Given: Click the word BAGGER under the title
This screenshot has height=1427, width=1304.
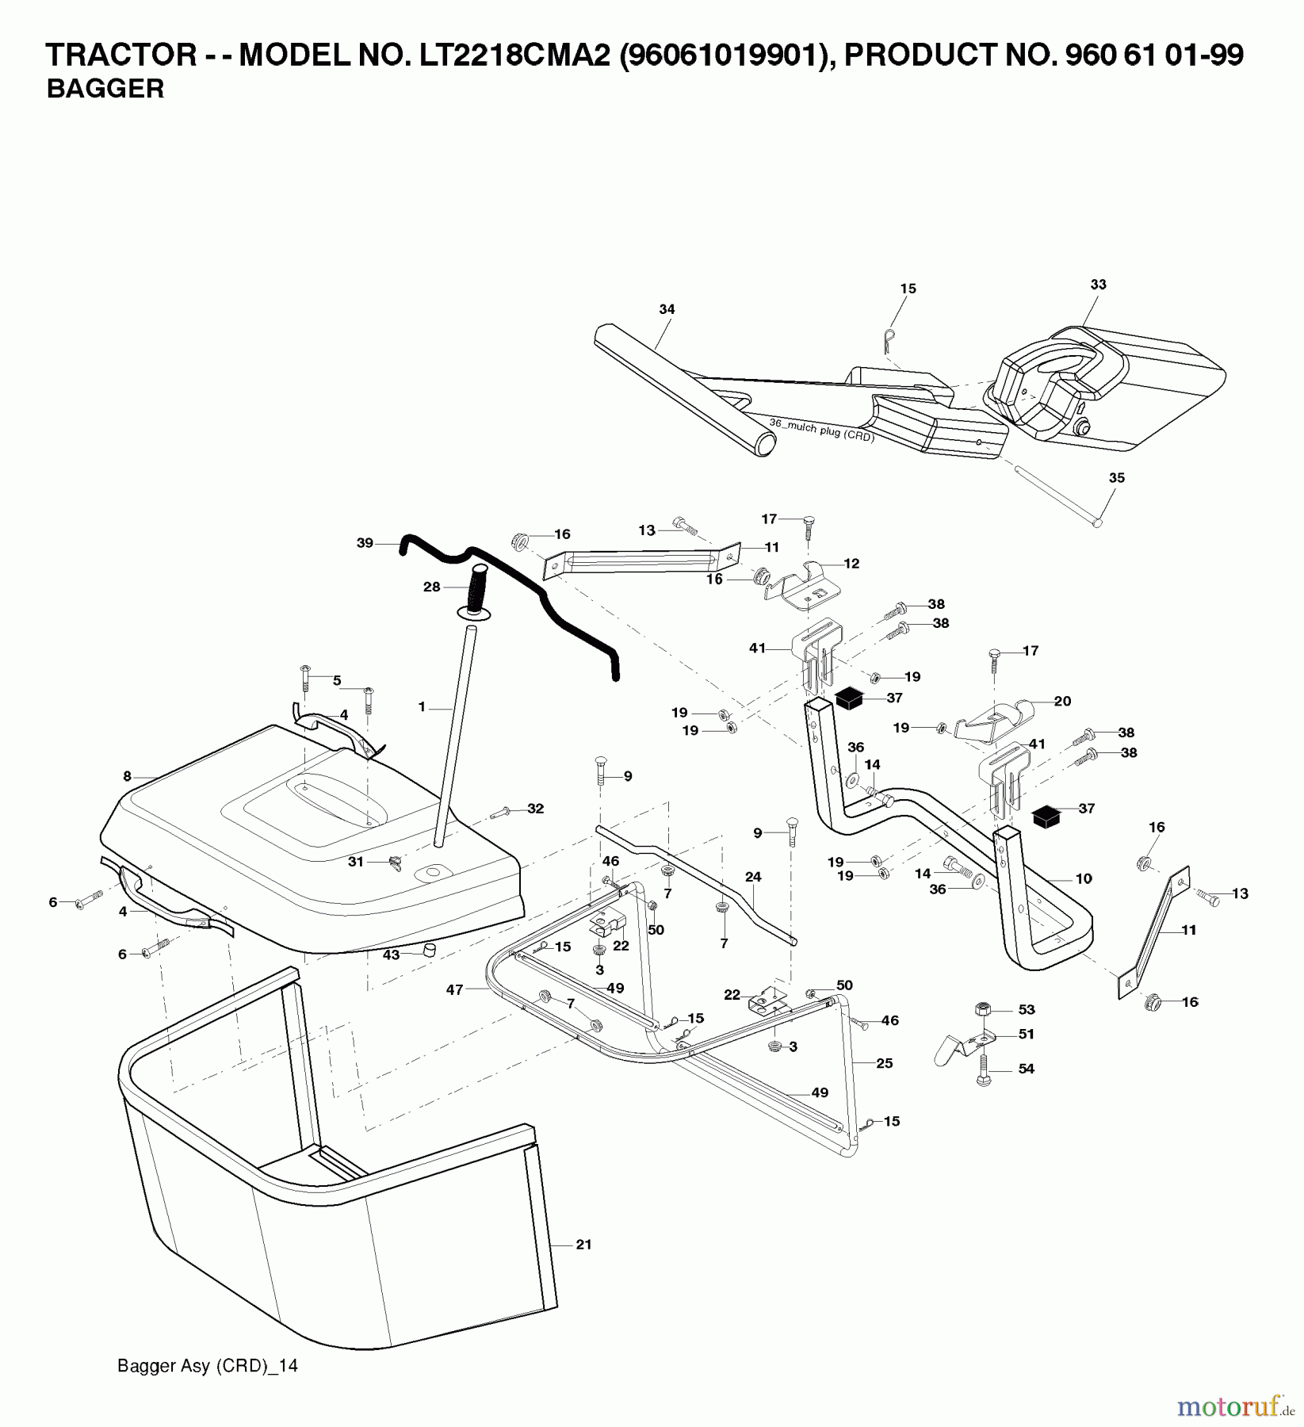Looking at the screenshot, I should (105, 90).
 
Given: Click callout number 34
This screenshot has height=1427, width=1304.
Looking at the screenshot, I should (667, 309).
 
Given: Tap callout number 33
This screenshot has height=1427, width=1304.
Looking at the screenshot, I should (1098, 284).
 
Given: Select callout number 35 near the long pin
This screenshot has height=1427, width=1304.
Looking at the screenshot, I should (1116, 478).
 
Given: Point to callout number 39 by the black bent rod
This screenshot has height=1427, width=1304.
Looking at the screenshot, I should (365, 543).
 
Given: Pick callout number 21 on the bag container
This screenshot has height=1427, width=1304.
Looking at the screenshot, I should (583, 1245).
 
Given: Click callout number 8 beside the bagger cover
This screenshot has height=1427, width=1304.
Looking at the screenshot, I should (127, 777).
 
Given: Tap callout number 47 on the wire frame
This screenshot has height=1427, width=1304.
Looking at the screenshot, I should (454, 989).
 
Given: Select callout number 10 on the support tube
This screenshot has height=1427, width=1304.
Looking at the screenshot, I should (1084, 878).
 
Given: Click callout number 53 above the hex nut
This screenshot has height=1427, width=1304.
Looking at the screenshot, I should (1027, 1009).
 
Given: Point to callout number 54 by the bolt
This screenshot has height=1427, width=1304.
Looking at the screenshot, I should (1027, 1069).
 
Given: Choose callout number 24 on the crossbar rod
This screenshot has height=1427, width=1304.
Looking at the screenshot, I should (753, 876).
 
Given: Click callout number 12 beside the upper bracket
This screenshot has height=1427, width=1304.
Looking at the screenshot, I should (851, 564).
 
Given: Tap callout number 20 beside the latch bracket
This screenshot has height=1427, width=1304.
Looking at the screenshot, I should (1062, 701).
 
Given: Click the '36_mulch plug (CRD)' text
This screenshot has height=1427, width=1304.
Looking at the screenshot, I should (821, 430).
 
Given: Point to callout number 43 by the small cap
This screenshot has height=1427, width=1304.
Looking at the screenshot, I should (391, 955).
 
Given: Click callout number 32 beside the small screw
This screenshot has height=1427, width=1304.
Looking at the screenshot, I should (536, 809).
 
